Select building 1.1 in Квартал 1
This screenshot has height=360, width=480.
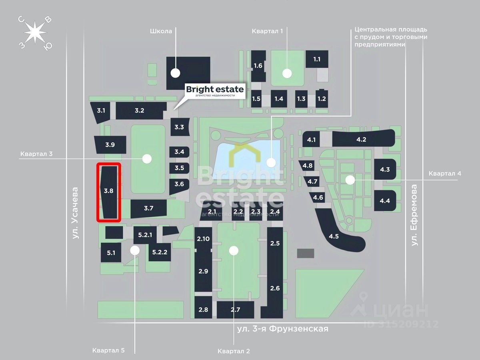(317, 59)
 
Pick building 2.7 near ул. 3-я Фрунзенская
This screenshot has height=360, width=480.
(235, 310)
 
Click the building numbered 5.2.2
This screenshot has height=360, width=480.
(160, 252)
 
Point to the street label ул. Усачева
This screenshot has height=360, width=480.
(75, 213)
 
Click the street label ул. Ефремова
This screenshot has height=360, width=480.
(414, 215)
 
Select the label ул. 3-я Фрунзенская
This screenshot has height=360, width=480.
(283, 329)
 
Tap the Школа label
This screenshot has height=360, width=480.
(161, 31)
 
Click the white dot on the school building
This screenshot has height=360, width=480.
(175, 73)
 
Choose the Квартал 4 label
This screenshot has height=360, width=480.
(445, 174)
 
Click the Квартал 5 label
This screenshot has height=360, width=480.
(108, 350)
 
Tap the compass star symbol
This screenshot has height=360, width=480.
(35, 33)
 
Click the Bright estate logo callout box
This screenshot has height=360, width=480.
(215, 91)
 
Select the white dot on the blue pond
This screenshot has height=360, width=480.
(271, 163)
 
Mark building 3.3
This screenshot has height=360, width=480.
(180, 127)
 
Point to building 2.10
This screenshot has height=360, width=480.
(203, 239)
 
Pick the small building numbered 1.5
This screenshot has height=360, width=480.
(256, 99)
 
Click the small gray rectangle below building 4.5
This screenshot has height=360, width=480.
(306, 253)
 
